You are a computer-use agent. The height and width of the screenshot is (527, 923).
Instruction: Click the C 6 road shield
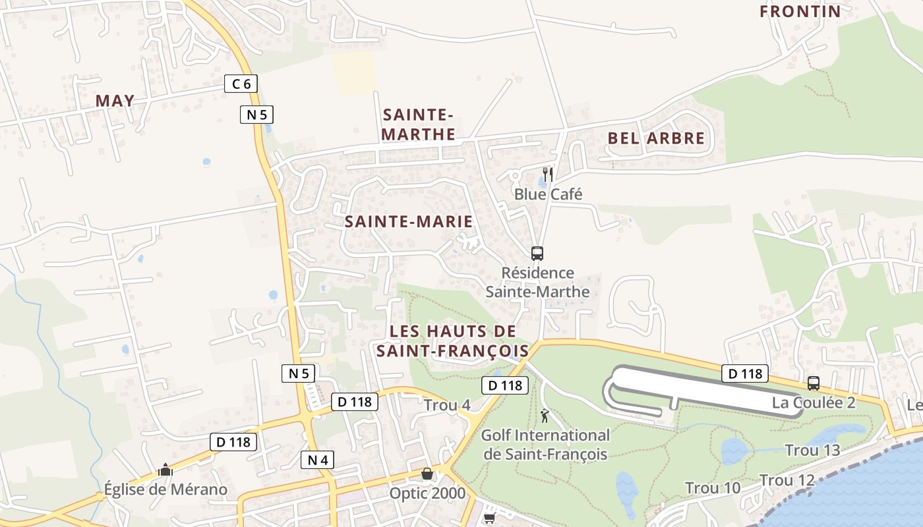pyautogui.click(x=241, y=84)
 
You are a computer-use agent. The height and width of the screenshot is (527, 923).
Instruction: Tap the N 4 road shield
pyautogui.click(x=317, y=460)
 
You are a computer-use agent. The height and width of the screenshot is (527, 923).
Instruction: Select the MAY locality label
pyautogui.click(x=115, y=101)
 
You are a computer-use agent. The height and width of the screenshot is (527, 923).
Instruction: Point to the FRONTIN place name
pyautogui.click(x=800, y=11)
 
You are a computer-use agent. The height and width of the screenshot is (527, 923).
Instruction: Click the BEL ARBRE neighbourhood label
pyautogui.click(x=656, y=138)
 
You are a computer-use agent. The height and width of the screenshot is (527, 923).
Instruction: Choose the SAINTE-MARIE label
pyautogui.click(x=409, y=221)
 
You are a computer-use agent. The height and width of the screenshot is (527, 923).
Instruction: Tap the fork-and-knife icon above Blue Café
pyautogui.click(x=547, y=174)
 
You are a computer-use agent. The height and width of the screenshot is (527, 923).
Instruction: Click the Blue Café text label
pyautogui.click(x=548, y=194)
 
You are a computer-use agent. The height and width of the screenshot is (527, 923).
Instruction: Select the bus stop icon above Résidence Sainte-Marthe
pyautogui.click(x=537, y=253)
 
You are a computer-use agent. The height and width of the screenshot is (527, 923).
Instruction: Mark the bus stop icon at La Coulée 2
pyautogui.click(x=814, y=383)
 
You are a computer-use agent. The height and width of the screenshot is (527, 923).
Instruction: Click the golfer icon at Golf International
pyautogui.click(x=545, y=416)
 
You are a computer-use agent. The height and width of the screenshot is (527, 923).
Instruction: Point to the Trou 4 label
pyautogui.click(x=447, y=405)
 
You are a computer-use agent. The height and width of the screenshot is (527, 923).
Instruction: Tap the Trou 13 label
pyautogui.click(x=812, y=451)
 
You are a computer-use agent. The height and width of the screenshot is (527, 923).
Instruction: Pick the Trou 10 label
pyautogui.click(x=713, y=488)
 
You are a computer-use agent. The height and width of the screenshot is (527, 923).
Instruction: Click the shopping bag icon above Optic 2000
pyautogui.click(x=427, y=474)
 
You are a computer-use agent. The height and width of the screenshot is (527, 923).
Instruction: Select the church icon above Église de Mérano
pyautogui.click(x=165, y=470)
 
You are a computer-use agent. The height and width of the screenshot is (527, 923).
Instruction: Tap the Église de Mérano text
pyautogui.click(x=165, y=489)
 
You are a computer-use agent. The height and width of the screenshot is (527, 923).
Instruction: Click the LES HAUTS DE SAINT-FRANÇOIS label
pyautogui.click(x=453, y=341)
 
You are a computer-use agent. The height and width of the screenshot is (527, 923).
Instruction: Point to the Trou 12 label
pyautogui.click(x=787, y=480)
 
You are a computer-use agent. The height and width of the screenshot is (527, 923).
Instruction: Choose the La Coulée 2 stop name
pyautogui.click(x=814, y=402)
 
